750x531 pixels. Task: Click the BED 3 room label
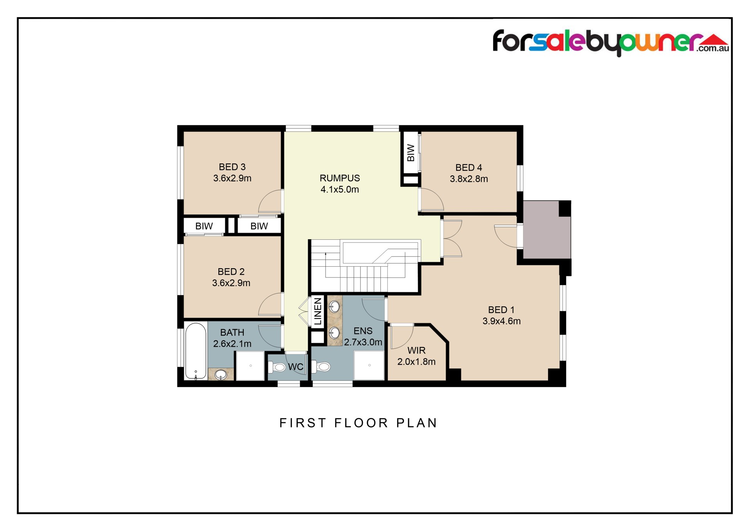pyautogui.click(x=232, y=167)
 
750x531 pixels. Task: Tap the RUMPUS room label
pyautogui.click(x=339, y=178)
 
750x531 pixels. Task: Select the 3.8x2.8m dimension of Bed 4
pyautogui.click(x=469, y=179)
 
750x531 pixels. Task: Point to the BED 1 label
pyautogui.click(x=501, y=310)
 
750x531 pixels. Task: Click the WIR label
pyautogui.click(x=416, y=350)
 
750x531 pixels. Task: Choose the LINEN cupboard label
pyautogui.click(x=318, y=311)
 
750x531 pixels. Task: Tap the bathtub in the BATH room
pyautogui.click(x=196, y=351)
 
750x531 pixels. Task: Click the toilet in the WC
pyautogui.click(x=277, y=367)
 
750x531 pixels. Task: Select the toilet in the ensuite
pyautogui.click(x=321, y=367)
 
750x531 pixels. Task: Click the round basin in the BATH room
pyautogui.click(x=221, y=375)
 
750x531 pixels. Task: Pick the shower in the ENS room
pyautogui.click(x=369, y=365)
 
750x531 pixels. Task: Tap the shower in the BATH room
pyautogui.click(x=250, y=366)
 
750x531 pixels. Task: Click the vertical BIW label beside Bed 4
pyautogui.click(x=411, y=152)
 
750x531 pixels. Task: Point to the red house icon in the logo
pyautogui.click(x=713, y=39)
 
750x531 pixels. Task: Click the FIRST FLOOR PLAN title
pyautogui.click(x=358, y=423)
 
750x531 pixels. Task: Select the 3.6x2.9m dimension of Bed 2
pyautogui.click(x=231, y=283)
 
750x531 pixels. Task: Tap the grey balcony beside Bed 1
pyautogui.click(x=547, y=230)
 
